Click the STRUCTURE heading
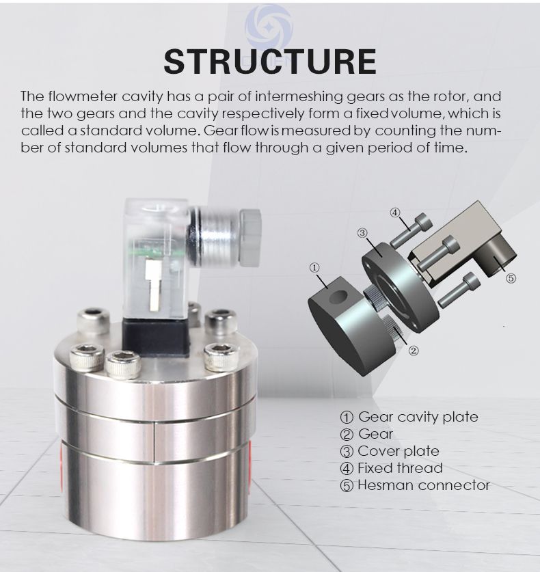click(x=270, y=61)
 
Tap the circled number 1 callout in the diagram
click(x=314, y=267)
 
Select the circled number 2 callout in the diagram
click(x=413, y=351)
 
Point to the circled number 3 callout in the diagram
click(x=362, y=233)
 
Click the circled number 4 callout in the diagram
click(x=395, y=212)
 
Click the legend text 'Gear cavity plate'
click(x=418, y=417)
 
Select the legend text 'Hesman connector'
click(x=424, y=485)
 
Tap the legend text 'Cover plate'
click(x=399, y=451)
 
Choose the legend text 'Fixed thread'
click(x=400, y=468)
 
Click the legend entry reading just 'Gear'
click(x=375, y=434)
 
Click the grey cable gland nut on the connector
click(x=251, y=237)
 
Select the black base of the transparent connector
click(x=157, y=337)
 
